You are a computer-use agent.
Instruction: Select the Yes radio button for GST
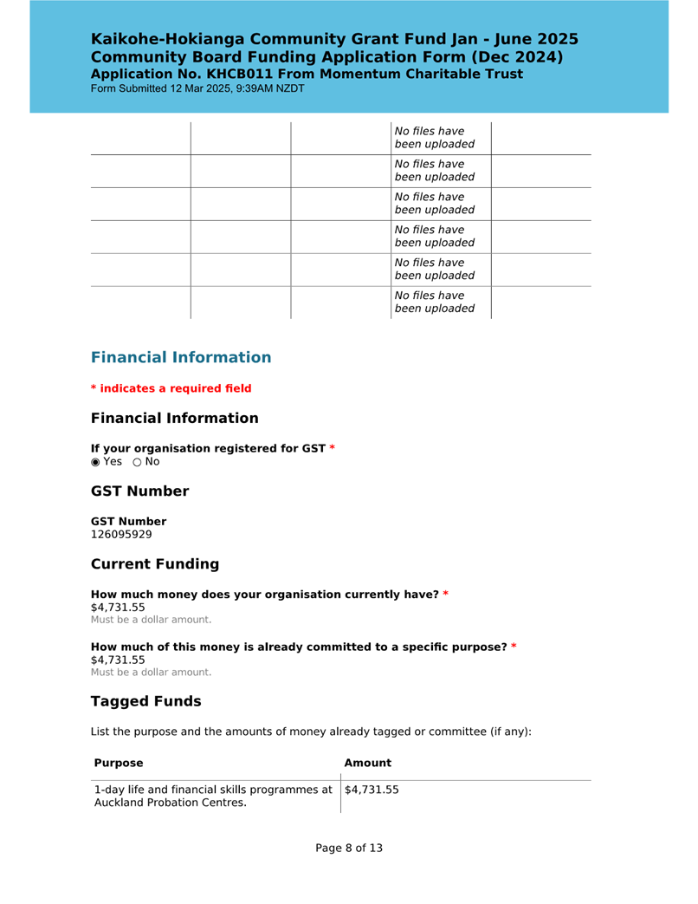[96, 462]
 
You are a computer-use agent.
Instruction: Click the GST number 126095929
[121, 535]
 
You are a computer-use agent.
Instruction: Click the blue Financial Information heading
[181, 357]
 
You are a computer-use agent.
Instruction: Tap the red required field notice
[171, 388]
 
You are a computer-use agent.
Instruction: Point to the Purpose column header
[119, 764]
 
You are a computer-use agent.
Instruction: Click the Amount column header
[368, 764]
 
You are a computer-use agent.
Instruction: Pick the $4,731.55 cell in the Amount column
[372, 790]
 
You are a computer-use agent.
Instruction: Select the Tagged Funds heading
[145, 701]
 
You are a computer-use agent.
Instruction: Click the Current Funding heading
[155, 564]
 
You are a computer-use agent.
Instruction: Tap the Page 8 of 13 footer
[349, 848]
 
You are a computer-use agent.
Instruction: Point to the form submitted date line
[197, 88]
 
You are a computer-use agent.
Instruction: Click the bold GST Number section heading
[139, 491]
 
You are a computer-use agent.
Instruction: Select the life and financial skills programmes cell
[213, 796]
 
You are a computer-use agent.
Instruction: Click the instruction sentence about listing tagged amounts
[311, 732]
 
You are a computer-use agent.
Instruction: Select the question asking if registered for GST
[208, 448]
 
